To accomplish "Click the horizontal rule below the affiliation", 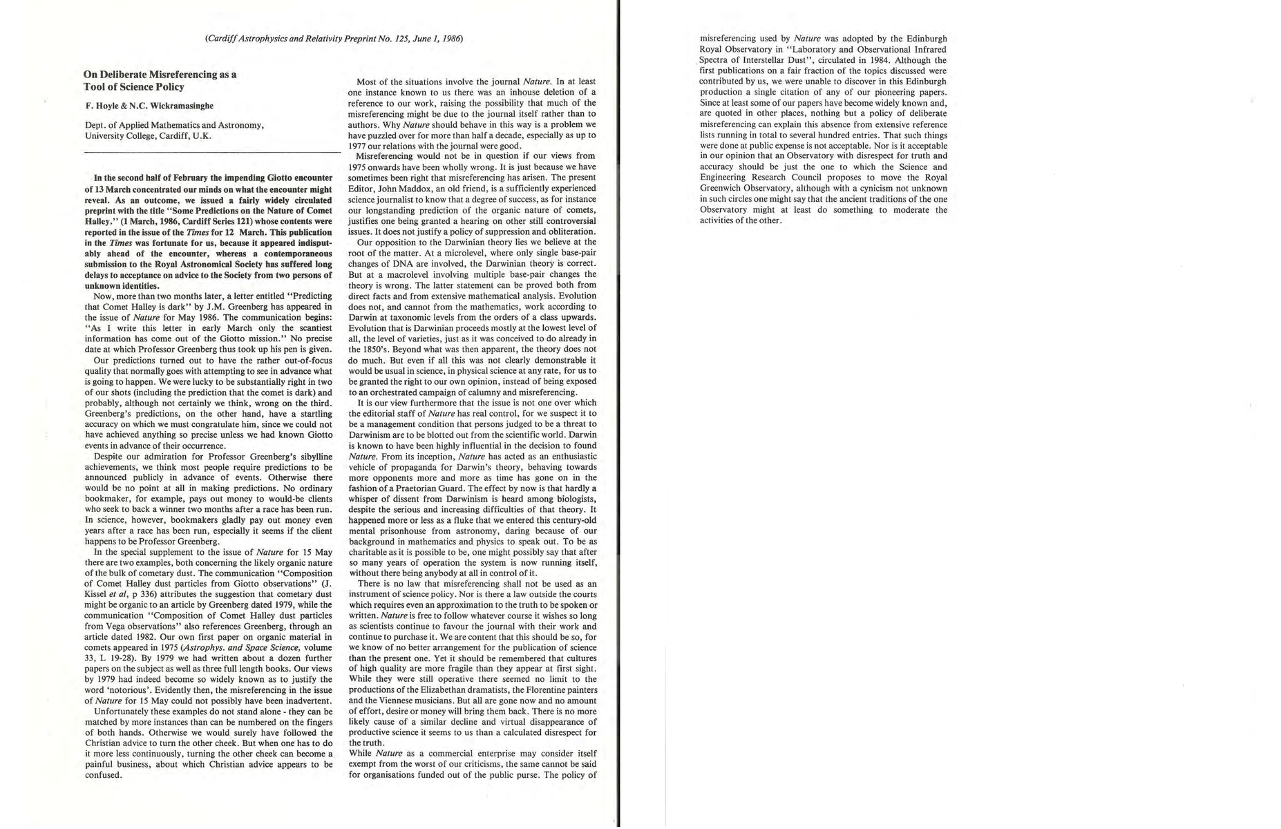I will click(212, 152).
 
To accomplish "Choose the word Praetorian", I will click(417, 488).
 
